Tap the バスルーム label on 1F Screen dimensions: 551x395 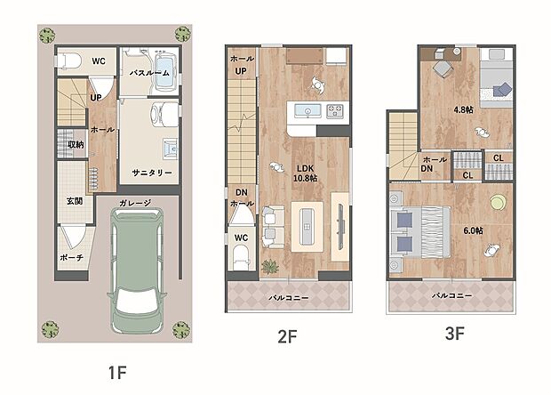(149, 73)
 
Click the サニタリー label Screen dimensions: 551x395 (152, 173)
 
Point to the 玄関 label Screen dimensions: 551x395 (75, 201)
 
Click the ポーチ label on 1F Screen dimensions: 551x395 (71, 257)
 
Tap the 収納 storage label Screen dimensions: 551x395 (76, 144)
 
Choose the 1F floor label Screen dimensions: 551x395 (117, 373)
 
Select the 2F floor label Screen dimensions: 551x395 (287, 336)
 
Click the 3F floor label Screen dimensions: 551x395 (455, 333)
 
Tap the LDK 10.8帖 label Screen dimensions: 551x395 (305, 173)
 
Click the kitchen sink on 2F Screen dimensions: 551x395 (307, 110)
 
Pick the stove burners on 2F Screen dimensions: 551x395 (335, 111)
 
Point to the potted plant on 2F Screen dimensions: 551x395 (270, 267)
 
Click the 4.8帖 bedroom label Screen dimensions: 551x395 (463, 109)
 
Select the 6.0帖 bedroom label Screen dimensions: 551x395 (473, 230)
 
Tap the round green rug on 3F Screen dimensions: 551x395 (499, 203)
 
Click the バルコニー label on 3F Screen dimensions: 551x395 (451, 295)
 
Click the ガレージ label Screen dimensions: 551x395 (135, 203)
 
